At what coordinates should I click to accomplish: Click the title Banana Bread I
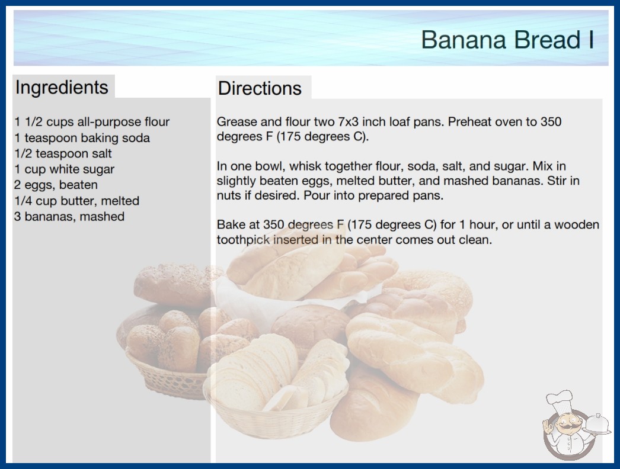coord(507,40)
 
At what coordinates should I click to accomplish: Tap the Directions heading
coord(260,88)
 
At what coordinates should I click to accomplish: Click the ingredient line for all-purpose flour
coord(92,122)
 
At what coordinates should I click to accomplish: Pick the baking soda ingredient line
coord(82,138)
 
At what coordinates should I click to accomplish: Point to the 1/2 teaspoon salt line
coord(63,154)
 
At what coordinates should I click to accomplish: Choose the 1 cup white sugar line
coord(64,169)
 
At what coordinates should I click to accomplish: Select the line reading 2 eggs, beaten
coord(56,185)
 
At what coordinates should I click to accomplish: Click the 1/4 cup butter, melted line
coord(76,201)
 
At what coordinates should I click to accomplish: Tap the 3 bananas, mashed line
coord(69,217)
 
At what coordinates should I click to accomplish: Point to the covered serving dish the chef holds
coord(597,425)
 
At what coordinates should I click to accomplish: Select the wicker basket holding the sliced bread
coord(276,415)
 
